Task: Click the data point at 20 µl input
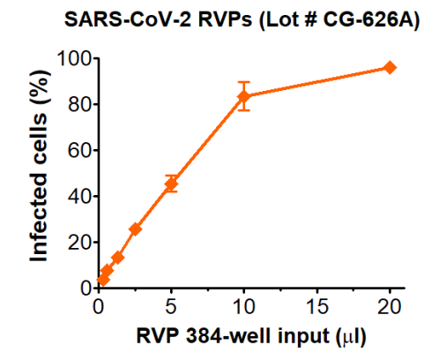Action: [x=390, y=68]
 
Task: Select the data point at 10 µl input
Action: [x=244, y=96]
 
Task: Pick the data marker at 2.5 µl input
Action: [x=135, y=229]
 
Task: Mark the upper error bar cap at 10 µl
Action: [x=244, y=82]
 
